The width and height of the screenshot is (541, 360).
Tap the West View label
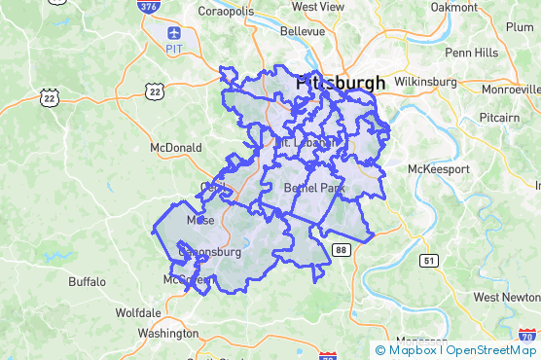pos(318,6)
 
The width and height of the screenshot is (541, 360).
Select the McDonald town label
pos(175,148)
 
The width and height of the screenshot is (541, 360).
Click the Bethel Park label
pos(308,187)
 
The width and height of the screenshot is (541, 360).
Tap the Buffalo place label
pos(88,281)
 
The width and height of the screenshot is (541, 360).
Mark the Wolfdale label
pos(138,313)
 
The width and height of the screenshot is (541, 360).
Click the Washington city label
pos(168,333)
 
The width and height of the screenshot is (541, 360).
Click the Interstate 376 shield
pos(148,7)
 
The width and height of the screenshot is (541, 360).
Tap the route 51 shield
pos(429,260)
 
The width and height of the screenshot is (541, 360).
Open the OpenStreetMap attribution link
pos(491,350)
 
